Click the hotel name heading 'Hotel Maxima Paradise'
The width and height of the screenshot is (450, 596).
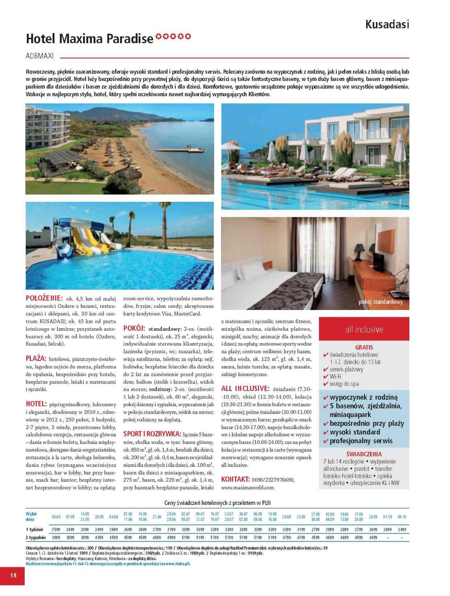[x=89, y=38]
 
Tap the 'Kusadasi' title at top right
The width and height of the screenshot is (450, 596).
[x=387, y=25]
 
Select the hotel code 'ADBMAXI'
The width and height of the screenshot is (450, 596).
[x=39, y=56]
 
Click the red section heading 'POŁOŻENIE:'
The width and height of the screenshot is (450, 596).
[x=44, y=298]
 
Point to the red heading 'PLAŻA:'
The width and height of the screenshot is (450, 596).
[x=36, y=358]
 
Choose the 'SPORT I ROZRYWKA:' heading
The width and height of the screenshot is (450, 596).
[x=152, y=434]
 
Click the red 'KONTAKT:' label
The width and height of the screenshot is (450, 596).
[x=235, y=479]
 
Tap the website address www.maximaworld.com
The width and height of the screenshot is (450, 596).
[x=247, y=487]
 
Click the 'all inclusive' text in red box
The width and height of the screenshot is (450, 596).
[x=364, y=329]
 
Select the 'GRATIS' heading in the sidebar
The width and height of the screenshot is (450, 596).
[x=364, y=347]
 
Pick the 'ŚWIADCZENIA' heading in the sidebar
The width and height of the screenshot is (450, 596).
[x=364, y=454]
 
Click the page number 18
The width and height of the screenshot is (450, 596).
[x=13, y=575]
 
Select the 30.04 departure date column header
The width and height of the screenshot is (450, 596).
[x=56, y=517]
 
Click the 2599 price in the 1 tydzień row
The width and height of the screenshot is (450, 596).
[x=56, y=529]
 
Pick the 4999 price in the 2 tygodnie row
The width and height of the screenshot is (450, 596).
[x=171, y=538]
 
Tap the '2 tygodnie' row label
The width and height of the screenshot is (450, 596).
[x=36, y=538]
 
